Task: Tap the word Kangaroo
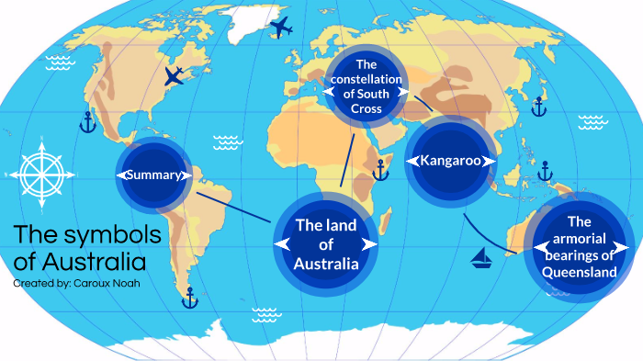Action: [x=451, y=161]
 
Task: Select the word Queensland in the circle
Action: [x=579, y=273]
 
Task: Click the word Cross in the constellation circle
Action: [x=366, y=108]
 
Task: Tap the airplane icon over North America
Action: [x=174, y=75]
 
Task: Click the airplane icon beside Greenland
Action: [x=281, y=28]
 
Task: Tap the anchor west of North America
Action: [x=87, y=122]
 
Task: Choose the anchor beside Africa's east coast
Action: [x=379, y=170]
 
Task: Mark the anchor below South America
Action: [x=190, y=298]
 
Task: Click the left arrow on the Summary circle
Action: [x=121, y=175]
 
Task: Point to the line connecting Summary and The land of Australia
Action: [x=233, y=201]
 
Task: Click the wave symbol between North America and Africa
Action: [x=227, y=142]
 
